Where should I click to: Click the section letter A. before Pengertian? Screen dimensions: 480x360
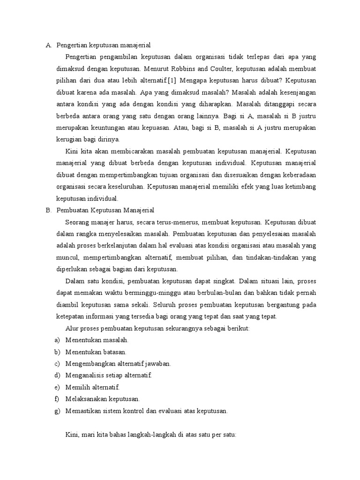(48, 45)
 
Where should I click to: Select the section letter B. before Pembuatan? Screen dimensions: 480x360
(48, 210)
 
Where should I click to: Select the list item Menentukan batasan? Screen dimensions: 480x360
(96, 352)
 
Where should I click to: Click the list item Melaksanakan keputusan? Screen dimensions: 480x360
(103, 399)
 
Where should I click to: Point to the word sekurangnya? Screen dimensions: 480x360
(183, 329)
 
